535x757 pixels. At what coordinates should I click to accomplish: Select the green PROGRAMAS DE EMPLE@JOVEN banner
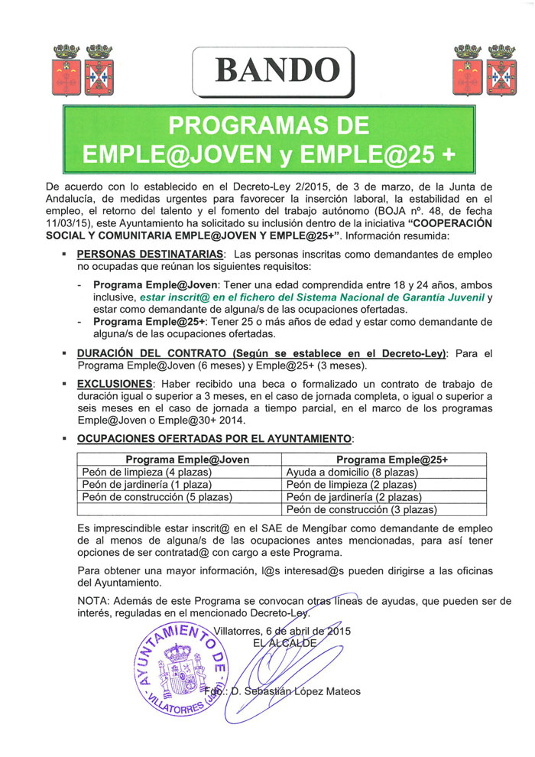(x=267, y=138)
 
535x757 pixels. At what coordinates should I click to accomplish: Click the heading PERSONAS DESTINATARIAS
(x=151, y=253)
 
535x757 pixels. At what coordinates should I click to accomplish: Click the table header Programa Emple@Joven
(x=180, y=460)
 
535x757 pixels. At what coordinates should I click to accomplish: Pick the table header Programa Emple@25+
(x=384, y=460)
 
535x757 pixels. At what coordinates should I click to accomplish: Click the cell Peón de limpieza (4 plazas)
(x=147, y=473)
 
